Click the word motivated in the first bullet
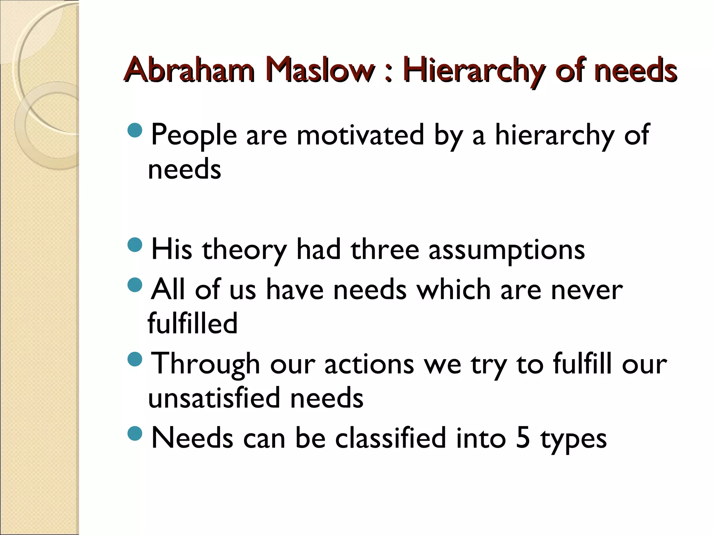click(360, 135)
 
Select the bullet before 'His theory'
click(135, 245)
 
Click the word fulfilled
click(193, 323)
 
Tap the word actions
click(369, 364)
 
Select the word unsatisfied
click(214, 398)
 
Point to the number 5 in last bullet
click(523, 438)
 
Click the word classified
click(390, 438)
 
